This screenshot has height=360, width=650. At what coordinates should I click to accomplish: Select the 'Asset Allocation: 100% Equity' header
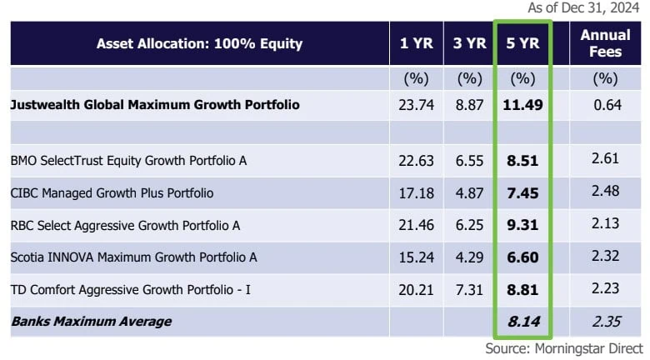(199, 43)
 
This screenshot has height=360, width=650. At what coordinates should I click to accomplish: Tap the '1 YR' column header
(416, 43)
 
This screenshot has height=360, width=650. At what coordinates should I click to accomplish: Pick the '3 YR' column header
(469, 43)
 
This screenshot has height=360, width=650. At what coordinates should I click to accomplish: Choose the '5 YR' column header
(522, 43)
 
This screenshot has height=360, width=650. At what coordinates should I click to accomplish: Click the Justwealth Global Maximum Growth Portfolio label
(155, 105)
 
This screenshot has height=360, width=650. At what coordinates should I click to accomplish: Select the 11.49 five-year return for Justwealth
(522, 105)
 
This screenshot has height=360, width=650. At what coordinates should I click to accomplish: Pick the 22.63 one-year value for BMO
(416, 161)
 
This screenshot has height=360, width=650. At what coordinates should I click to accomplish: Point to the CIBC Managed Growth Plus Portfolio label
(112, 192)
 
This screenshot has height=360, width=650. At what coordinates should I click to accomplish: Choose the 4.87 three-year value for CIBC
(469, 192)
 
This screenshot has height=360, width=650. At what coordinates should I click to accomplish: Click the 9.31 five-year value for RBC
(522, 225)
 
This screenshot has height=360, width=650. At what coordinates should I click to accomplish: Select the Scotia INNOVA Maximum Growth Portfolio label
(133, 257)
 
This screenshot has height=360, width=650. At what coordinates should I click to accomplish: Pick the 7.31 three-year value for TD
(469, 289)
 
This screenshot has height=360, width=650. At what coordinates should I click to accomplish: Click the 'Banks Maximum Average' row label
(90, 322)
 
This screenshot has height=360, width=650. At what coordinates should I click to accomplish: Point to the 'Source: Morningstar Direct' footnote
(564, 348)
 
